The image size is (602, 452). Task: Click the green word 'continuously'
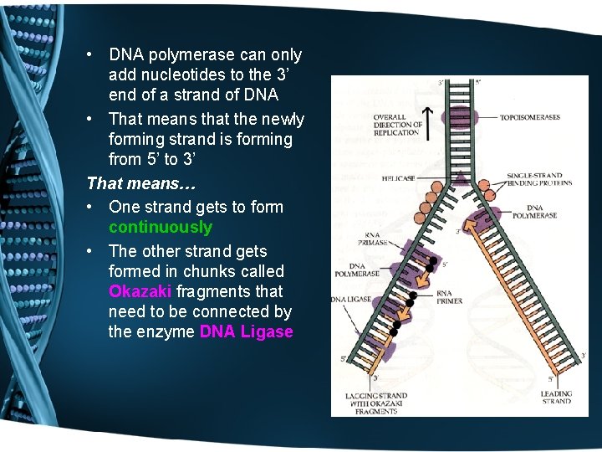pyautogui.click(x=161, y=228)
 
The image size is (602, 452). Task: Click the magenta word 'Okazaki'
pyautogui.click(x=140, y=292)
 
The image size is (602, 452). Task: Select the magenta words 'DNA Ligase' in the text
pyautogui.click(x=246, y=332)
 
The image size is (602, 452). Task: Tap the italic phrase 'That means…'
pyautogui.click(x=129, y=183)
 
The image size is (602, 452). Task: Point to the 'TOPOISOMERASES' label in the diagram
pyautogui.click(x=530, y=117)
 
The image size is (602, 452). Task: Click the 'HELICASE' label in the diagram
pyautogui.click(x=398, y=178)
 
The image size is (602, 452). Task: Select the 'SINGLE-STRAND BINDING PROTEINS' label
pyautogui.click(x=539, y=180)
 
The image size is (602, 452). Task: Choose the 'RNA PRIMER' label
pyautogui.click(x=448, y=298)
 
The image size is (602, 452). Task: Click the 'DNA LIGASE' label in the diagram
pyautogui.click(x=350, y=299)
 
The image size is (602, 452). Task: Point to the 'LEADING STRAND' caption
pyautogui.click(x=556, y=397)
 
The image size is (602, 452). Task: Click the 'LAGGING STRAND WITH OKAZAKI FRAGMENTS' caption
pyautogui.click(x=376, y=403)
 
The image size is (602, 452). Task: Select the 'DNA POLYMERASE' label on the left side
pyautogui.click(x=357, y=270)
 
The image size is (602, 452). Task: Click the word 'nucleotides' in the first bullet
pyautogui.click(x=182, y=75)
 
